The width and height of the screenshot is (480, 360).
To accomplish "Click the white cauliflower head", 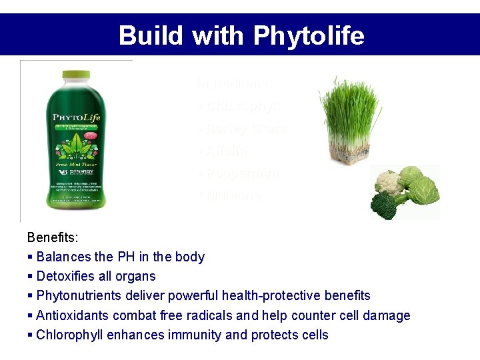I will [x=389, y=183].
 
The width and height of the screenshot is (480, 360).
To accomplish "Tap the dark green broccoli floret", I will [x=384, y=205].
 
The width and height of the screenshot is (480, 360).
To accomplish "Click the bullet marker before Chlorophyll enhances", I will [x=30, y=335].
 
